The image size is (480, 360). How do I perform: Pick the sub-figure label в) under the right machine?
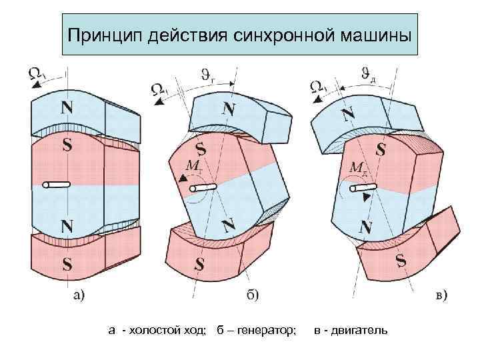pyautogui.click(x=439, y=294)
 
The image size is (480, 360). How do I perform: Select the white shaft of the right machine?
pyautogui.click(x=357, y=188)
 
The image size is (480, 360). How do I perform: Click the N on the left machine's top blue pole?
pyautogui.click(x=67, y=107)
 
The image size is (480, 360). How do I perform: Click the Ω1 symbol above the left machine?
pyautogui.click(x=37, y=75)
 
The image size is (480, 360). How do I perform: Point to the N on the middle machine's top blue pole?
pyautogui.click(x=229, y=109)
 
